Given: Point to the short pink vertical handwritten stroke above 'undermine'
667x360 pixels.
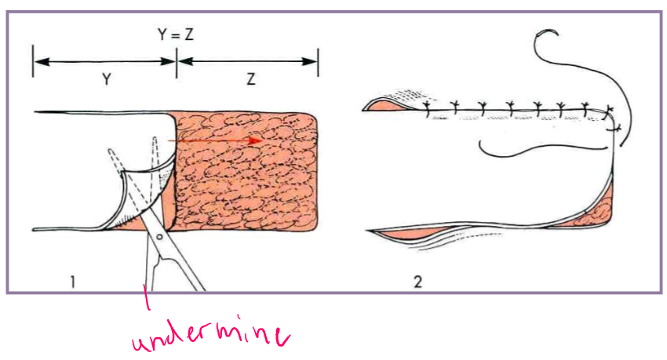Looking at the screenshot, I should [x=146, y=302].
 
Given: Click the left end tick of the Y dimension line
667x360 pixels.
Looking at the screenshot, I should [x=33, y=60].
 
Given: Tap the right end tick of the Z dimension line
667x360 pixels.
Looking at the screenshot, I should [x=317, y=60].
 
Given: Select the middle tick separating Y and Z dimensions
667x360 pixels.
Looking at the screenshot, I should [x=176, y=60].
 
